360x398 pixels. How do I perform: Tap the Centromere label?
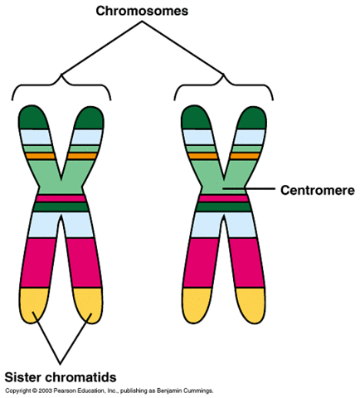pos(319,190)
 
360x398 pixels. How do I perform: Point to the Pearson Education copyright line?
pos(109,389)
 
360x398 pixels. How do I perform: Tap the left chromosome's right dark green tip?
pos(88,119)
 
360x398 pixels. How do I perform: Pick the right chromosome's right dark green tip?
pos(251,119)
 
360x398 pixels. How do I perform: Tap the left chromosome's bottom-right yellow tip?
pos(86,303)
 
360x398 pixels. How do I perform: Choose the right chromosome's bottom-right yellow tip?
pos(250,303)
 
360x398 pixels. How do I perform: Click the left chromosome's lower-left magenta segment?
pos(36,261)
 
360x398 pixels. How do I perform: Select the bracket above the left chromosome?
pos(60,80)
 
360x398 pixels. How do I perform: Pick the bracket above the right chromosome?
pos(224,80)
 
